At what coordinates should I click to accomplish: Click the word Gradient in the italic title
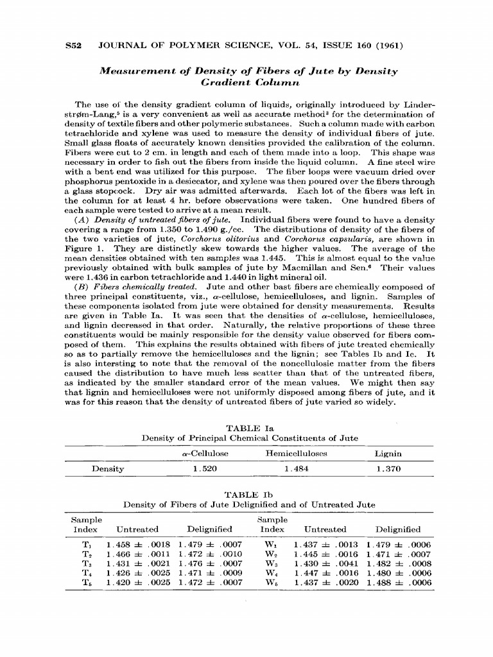pyautogui.click(x=224, y=83)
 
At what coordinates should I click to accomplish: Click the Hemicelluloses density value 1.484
pyautogui.click(x=296, y=469)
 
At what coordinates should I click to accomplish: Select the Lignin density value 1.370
pyautogui.click(x=388, y=469)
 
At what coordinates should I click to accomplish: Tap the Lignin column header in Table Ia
pyautogui.click(x=388, y=454)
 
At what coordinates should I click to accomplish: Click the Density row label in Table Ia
pyautogui.click(x=108, y=469)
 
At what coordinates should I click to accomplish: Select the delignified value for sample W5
pyautogui.click(x=399, y=583)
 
